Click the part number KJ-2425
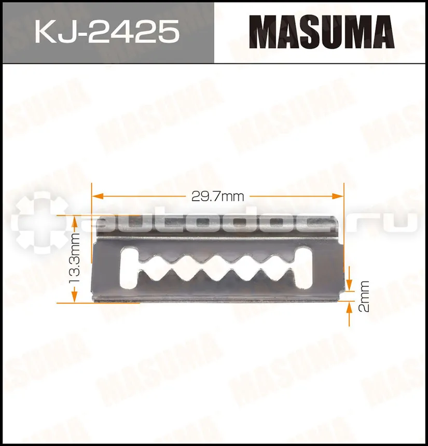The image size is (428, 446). [x=107, y=31]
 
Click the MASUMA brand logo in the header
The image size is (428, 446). [x=322, y=32]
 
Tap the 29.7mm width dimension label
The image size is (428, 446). [x=218, y=196]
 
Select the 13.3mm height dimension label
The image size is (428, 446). [x=74, y=258]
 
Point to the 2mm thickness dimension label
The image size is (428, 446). [x=364, y=297]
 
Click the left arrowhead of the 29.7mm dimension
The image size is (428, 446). [x=97, y=196]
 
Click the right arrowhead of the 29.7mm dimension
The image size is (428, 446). [x=338, y=196]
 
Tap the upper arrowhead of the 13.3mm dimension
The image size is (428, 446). [x=74, y=221]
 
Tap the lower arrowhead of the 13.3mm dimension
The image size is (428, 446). [x=74, y=297]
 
